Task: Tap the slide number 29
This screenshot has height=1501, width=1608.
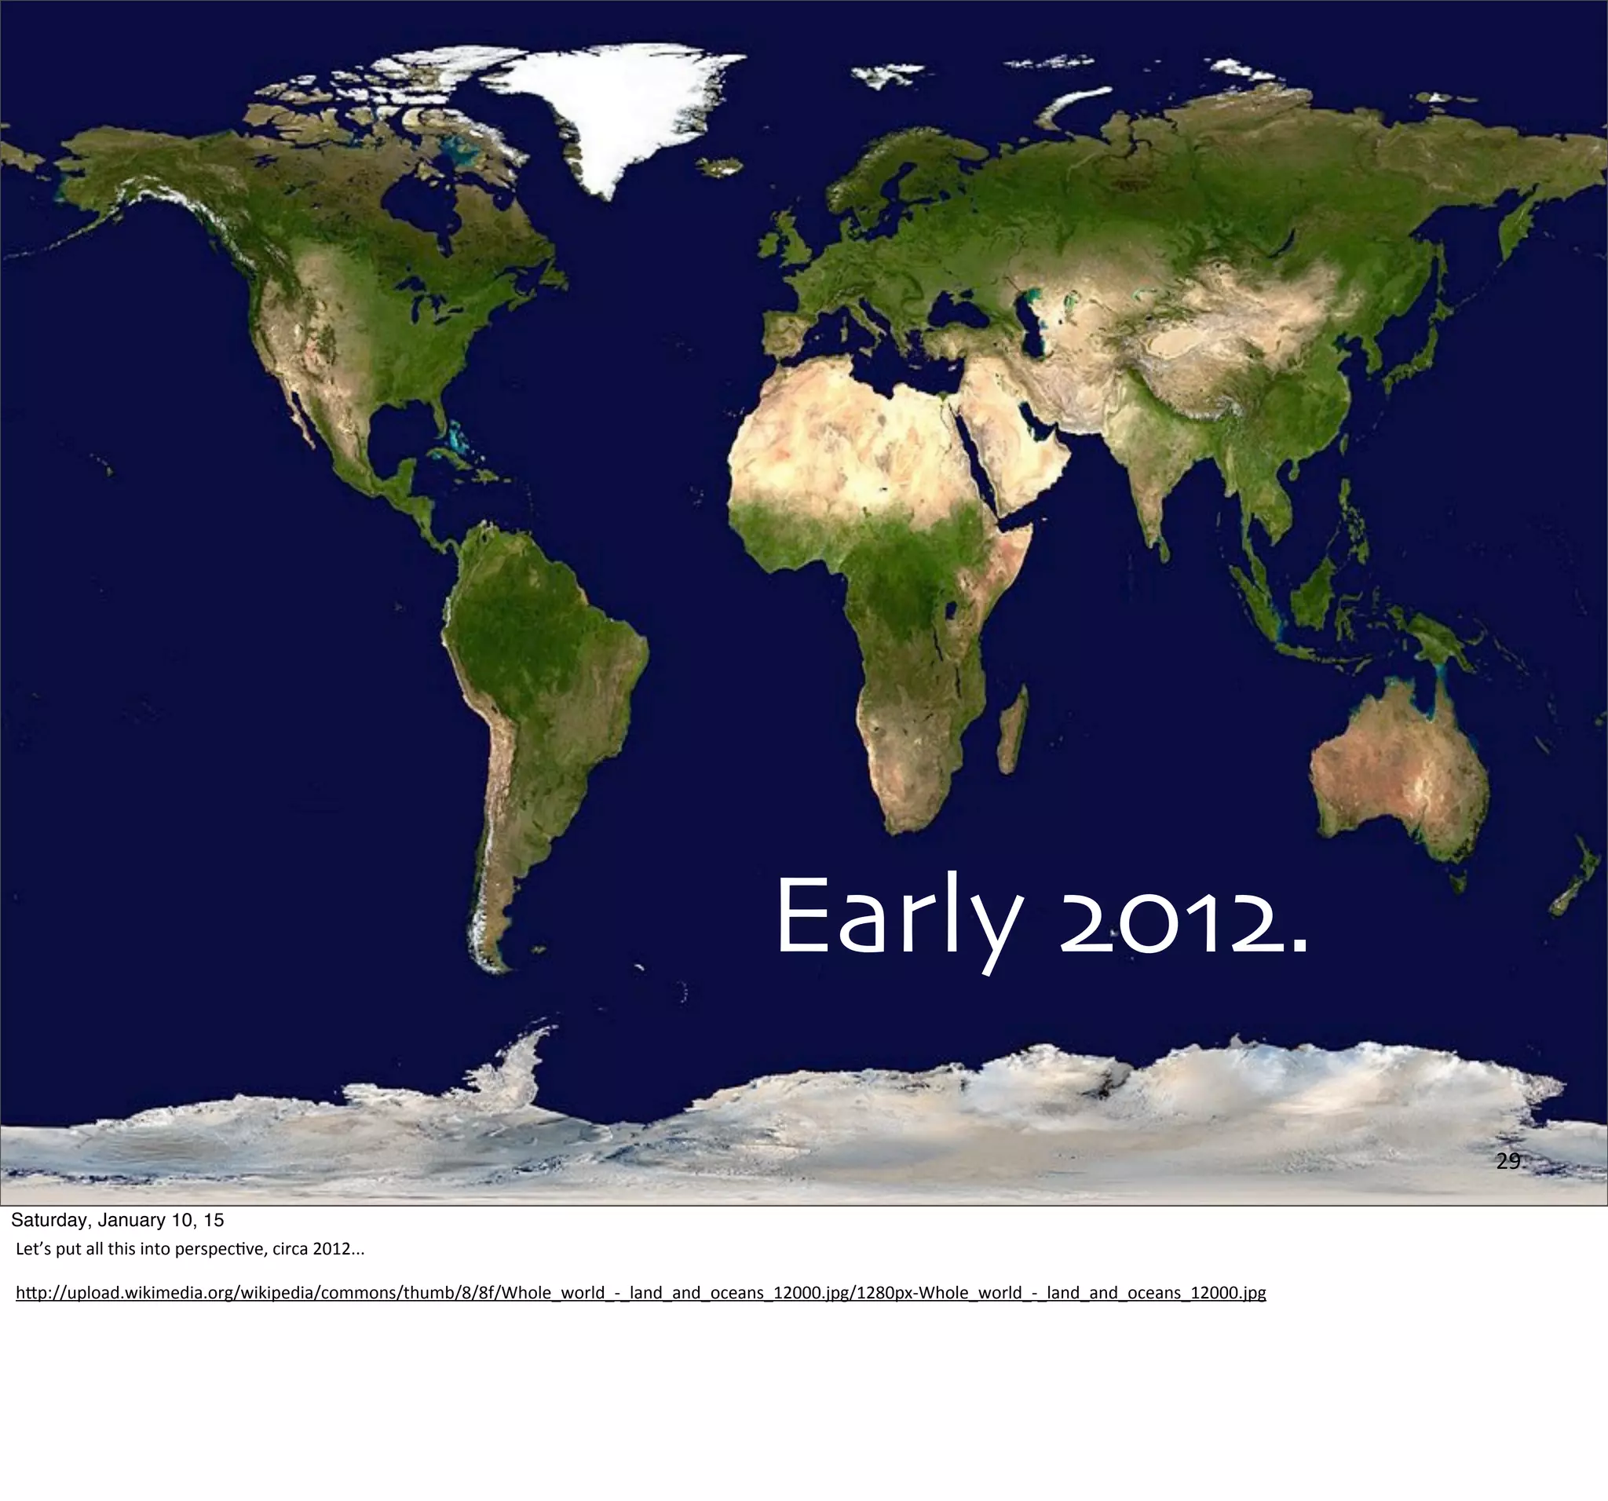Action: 1507,1161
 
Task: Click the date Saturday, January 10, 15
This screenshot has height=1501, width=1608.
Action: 117,1221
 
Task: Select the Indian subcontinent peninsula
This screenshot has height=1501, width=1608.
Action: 1149,469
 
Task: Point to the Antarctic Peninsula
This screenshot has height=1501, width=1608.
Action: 517,1060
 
